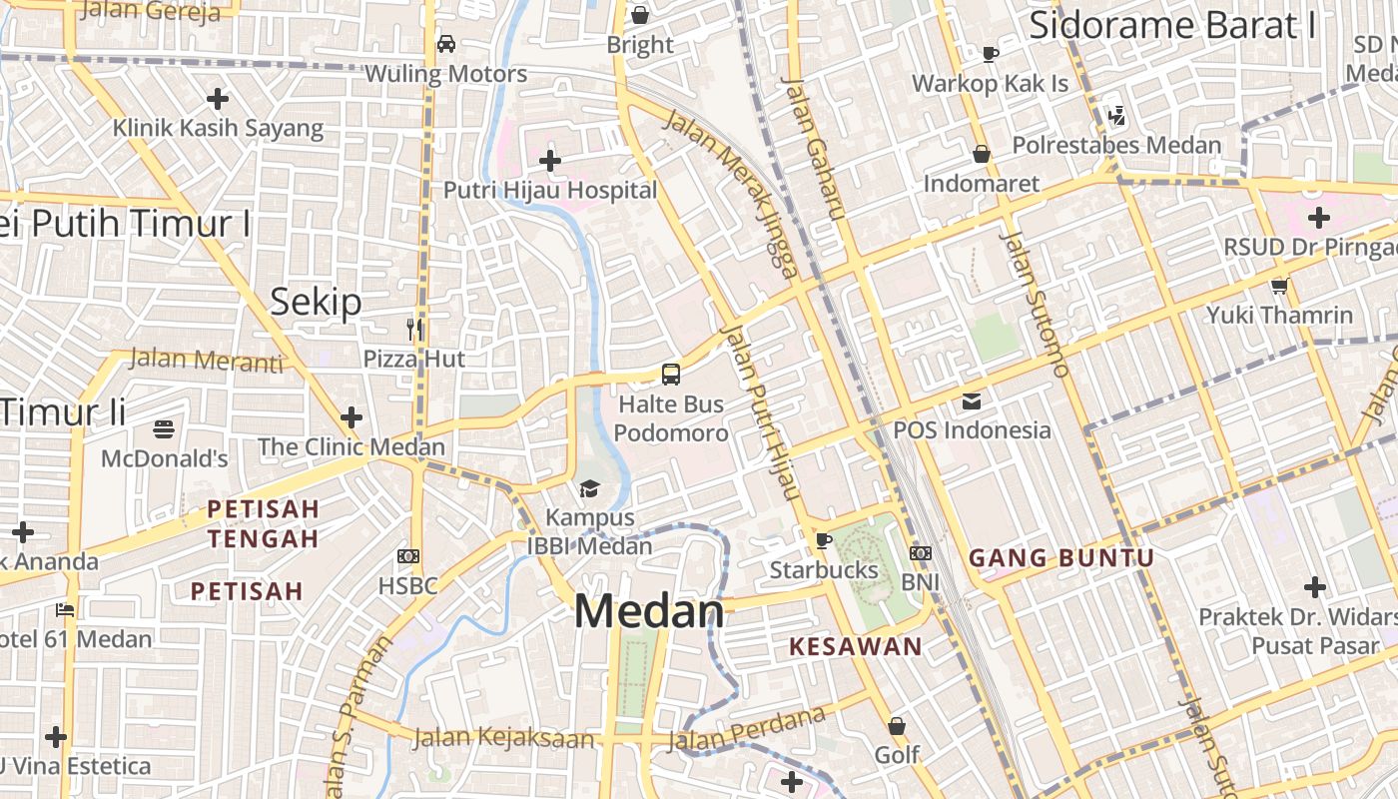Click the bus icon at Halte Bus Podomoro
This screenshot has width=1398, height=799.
(671, 375)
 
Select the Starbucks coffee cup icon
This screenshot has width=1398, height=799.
(823, 540)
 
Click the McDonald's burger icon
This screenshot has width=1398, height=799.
(165, 429)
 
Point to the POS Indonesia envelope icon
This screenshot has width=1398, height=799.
(971, 401)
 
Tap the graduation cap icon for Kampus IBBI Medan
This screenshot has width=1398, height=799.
(589, 488)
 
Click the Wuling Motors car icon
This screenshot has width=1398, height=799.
(446, 44)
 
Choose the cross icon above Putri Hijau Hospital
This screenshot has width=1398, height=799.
(549, 160)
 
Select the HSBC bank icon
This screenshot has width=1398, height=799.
(407, 556)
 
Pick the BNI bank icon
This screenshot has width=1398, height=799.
(921, 552)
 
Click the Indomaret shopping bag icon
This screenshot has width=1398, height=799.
(982, 154)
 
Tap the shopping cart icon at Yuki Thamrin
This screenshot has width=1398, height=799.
(1279, 287)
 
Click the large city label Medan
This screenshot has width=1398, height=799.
(649, 611)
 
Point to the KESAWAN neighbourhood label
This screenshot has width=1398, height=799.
(856, 646)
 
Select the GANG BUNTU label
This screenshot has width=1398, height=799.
(1061, 558)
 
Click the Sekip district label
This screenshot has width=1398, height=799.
(316, 302)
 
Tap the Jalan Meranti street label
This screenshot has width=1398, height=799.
(206, 360)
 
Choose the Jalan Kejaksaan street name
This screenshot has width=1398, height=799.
(503, 739)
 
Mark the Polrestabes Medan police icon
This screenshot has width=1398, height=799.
(1116, 117)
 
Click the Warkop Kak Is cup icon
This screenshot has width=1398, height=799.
(990, 54)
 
